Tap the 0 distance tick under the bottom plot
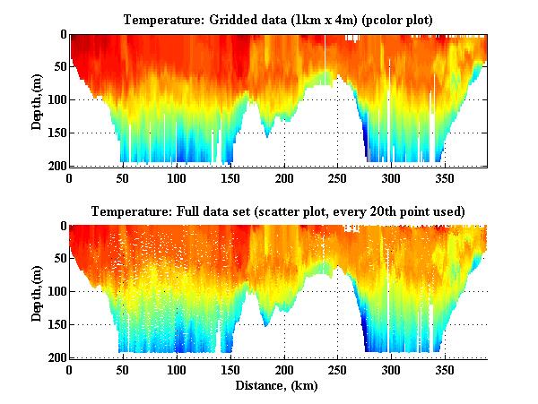click(x=70, y=369)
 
